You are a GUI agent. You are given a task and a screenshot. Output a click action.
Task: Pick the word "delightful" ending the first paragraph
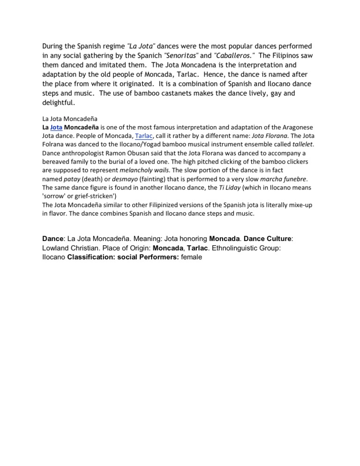point(58,103)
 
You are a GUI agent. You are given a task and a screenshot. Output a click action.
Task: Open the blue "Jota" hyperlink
point(56,128)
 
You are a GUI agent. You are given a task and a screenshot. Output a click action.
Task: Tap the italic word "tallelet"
point(303,144)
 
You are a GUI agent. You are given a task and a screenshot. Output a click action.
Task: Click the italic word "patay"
point(69,179)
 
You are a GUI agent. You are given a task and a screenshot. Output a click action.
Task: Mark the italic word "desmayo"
point(124,179)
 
